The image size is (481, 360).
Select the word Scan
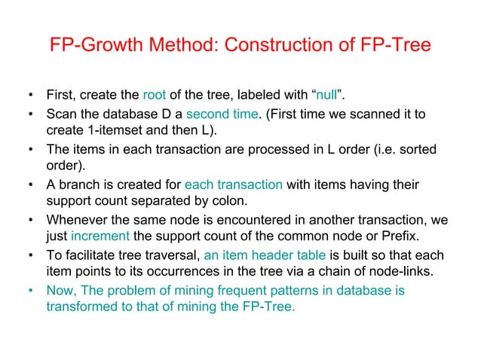61,114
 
